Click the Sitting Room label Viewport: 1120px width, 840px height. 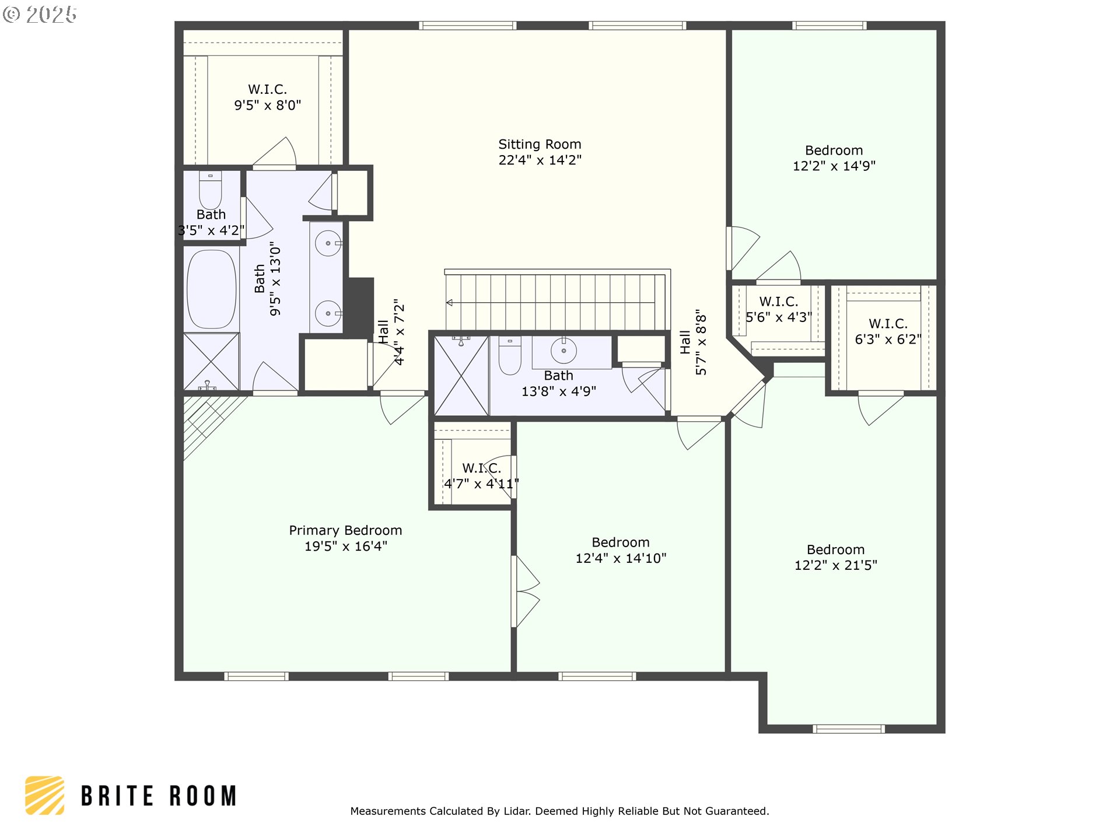click(x=540, y=144)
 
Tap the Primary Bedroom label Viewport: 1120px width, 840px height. click(x=345, y=530)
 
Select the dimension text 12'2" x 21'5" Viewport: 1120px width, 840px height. click(x=835, y=565)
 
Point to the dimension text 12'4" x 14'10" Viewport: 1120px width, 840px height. click(x=621, y=558)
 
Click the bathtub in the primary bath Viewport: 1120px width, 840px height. click(x=211, y=289)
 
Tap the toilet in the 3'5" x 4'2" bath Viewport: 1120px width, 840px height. click(x=210, y=189)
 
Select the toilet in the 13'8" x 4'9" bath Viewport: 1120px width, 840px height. click(x=510, y=356)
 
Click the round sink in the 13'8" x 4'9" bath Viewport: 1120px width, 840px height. click(x=563, y=351)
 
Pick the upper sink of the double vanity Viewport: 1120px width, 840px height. click(x=328, y=243)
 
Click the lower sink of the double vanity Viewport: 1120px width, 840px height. click(x=328, y=313)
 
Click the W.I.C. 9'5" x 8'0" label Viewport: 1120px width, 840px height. click(x=268, y=97)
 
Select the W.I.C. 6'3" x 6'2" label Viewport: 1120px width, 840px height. click(x=888, y=331)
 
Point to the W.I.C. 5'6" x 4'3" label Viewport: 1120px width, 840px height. click(x=779, y=309)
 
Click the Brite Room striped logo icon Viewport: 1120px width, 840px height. click(x=44, y=795)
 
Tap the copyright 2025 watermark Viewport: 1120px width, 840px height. click(x=40, y=15)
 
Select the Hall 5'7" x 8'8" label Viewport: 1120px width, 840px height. click(x=693, y=342)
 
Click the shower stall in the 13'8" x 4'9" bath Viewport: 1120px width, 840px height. click(x=461, y=376)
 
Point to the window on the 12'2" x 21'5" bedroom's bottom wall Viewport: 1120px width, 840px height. click(x=848, y=729)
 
